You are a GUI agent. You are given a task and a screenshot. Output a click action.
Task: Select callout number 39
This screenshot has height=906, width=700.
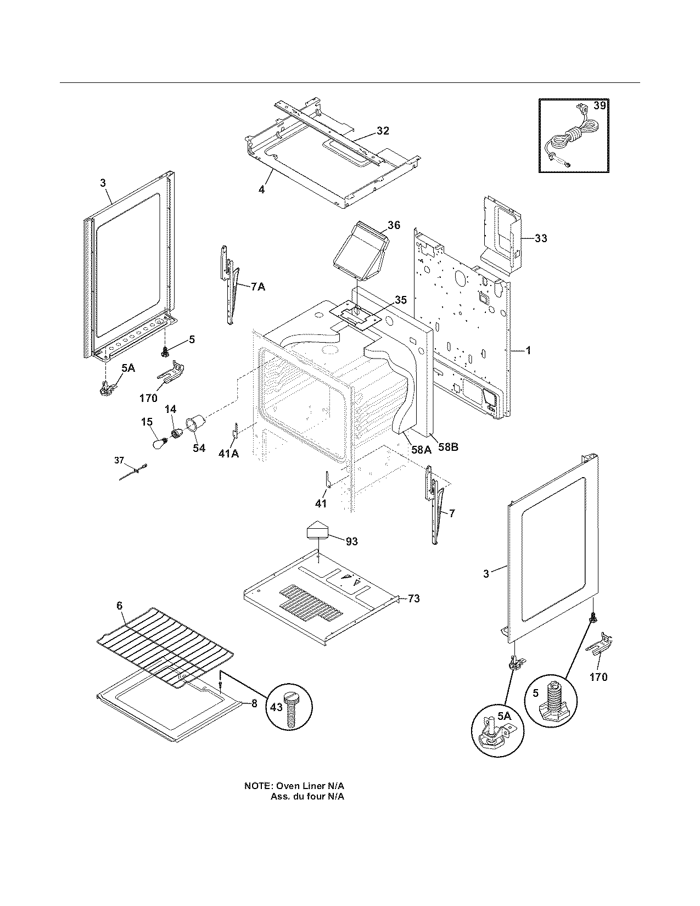pos(600,105)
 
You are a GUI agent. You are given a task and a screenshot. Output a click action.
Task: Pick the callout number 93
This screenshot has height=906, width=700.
pos(351,541)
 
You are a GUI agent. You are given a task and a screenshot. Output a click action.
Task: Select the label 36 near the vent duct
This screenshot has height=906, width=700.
pos(394,225)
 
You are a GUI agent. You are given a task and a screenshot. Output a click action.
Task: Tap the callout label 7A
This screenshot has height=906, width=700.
pos(257,287)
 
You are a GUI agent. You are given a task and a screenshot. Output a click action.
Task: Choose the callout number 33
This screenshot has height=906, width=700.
pos(540,238)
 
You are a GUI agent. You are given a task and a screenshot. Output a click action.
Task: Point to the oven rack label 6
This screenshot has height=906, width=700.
pos(119,605)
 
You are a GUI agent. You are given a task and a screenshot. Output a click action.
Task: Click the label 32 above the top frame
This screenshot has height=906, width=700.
pos(383,131)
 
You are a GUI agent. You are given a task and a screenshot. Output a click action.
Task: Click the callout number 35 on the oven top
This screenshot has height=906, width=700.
pos(401,300)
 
